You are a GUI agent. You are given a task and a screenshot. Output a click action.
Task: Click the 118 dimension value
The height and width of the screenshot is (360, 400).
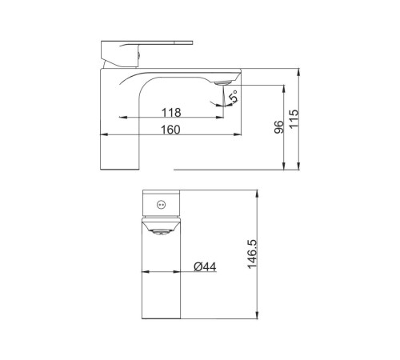171,113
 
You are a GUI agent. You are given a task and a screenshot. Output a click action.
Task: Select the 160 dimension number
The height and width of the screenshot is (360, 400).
170,130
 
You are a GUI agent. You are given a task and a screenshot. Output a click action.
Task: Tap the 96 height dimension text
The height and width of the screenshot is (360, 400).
279,127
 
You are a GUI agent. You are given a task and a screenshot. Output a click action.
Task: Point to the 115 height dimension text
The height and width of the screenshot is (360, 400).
294,118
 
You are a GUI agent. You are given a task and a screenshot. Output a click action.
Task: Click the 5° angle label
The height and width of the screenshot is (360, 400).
234,97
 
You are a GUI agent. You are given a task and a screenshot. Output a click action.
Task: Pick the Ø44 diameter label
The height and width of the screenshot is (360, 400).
205,266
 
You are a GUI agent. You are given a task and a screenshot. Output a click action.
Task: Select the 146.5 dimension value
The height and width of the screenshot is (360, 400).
252,254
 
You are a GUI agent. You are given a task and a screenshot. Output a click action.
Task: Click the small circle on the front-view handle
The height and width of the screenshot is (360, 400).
161,205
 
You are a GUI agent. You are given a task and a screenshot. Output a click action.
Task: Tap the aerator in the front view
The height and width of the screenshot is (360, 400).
161,232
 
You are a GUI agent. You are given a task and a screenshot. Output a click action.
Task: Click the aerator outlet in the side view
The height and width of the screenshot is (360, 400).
222,83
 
